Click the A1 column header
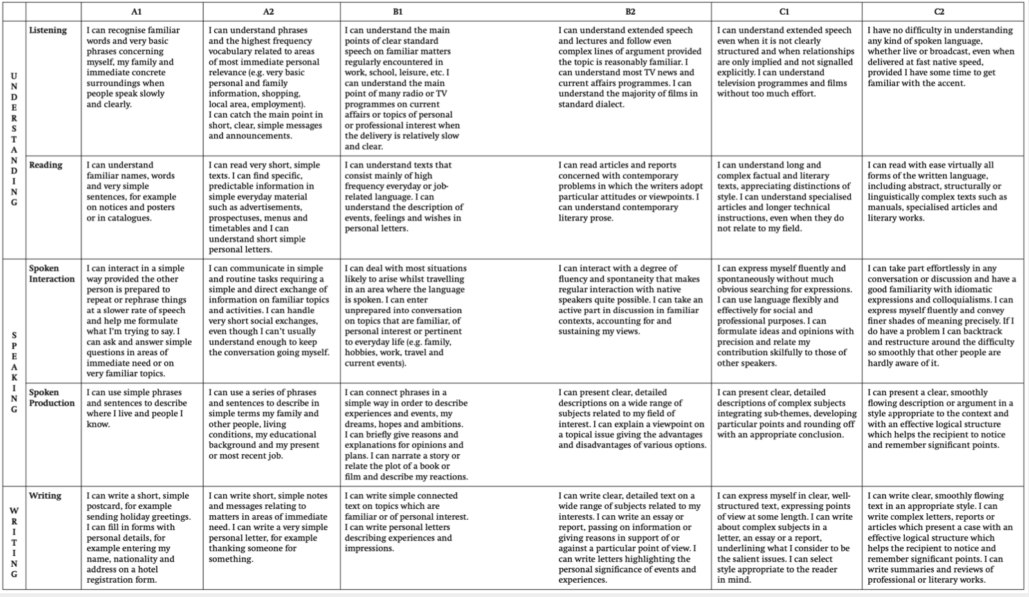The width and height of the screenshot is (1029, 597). (x=136, y=12)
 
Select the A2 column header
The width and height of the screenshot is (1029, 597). (x=268, y=12)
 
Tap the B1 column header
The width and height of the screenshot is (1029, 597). (x=398, y=12)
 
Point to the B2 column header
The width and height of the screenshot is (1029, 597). (x=630, y=12)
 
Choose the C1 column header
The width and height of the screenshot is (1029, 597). (x=784, y=12)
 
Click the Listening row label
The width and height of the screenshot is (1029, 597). (x=48, y=30)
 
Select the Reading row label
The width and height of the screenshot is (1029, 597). (x=46, y=165)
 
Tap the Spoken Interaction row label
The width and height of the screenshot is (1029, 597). (x=51, y=273)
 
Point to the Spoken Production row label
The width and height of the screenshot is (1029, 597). (x=51, y=398)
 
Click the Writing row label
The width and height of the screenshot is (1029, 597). (x=46, y=496)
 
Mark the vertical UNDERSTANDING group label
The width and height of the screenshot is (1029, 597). (x=14, y=140)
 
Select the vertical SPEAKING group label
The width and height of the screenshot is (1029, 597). (x=14, y=372)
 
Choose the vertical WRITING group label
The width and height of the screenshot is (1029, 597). (x=14, y=542)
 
